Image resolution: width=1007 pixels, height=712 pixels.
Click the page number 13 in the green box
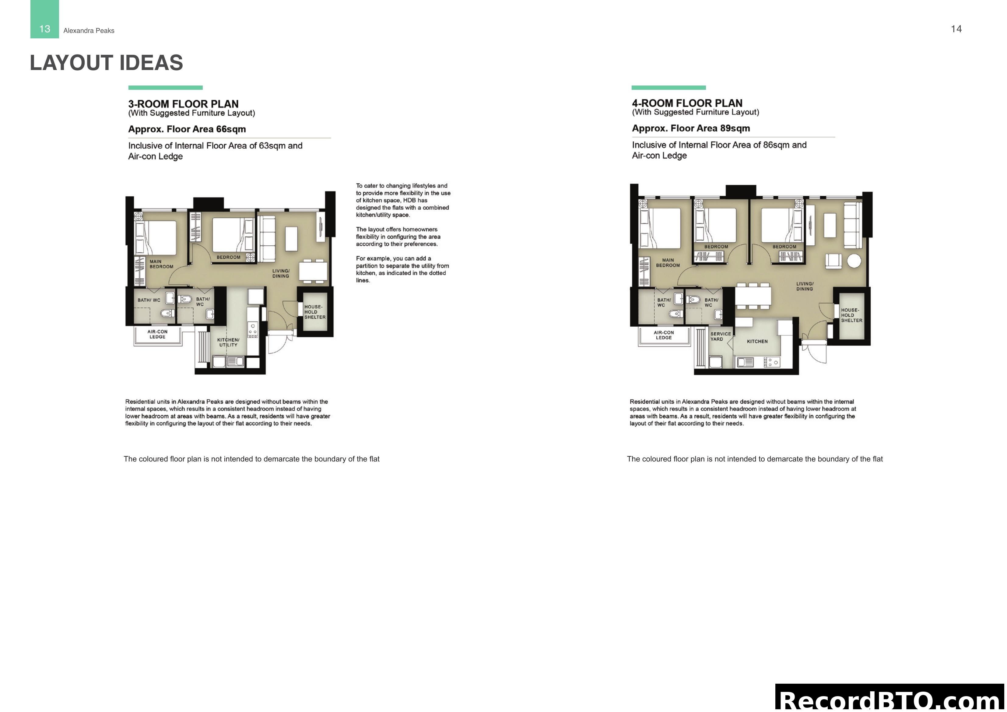[x=44, y=29]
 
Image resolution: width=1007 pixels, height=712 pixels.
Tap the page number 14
[x=956, y=29]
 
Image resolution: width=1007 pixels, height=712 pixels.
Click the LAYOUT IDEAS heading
[x=106, y=63]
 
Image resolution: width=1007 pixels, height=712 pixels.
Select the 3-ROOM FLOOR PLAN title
[x=183, y=104]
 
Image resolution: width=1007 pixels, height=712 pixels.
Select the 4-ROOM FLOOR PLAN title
[x=687, y=103]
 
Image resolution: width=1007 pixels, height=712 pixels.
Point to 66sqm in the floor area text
[x=231, y=129]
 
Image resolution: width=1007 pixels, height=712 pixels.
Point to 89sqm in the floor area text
[x=735, y=128]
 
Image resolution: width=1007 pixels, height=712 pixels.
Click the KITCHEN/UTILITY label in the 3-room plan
[x=228, y=342]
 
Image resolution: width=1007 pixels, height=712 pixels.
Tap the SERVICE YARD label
[x=721, y=336]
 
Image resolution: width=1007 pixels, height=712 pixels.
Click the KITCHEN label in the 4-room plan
[x=757, y=341]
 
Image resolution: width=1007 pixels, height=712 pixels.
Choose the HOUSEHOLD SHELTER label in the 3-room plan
[x=314, y=312]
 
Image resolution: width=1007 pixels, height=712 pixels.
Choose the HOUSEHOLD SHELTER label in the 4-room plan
[x=851, y=315]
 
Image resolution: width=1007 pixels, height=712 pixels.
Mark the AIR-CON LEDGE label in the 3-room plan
[x=157, y=334]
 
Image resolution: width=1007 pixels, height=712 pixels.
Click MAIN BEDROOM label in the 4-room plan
[x=668, y=263]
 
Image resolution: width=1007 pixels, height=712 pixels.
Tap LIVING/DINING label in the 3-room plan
[x=281, y=273]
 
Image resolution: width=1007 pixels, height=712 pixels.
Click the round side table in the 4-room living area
[x=854, y=261]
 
